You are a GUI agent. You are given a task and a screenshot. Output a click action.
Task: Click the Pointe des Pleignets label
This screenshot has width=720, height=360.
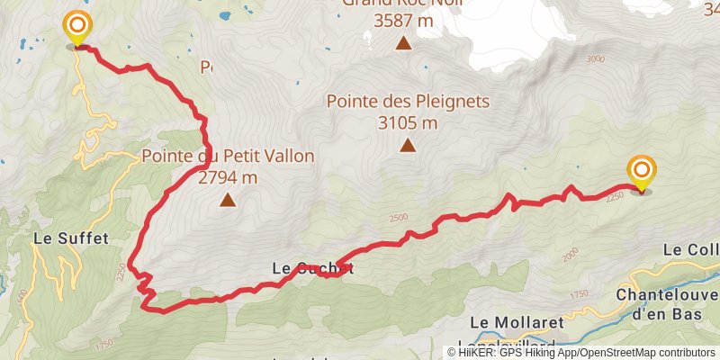[408, 102]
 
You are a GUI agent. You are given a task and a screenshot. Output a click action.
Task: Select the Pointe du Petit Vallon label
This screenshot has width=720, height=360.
[228, 157]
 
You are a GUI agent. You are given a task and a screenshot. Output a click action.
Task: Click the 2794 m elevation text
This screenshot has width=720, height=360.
[228, 177]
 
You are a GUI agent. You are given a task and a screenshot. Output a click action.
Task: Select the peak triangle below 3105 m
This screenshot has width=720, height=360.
[408, 145]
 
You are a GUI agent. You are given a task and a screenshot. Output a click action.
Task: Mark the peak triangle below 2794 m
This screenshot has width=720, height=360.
[228, 200]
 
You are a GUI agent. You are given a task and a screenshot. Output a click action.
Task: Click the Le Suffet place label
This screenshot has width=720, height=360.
[70, 239]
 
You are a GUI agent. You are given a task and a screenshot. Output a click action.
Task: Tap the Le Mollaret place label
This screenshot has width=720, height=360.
[516, 322]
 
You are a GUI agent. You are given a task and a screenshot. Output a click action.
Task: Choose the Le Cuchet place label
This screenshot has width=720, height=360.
[312, 268]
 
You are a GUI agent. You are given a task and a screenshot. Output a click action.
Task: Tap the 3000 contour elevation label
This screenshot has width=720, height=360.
[595, 59]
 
